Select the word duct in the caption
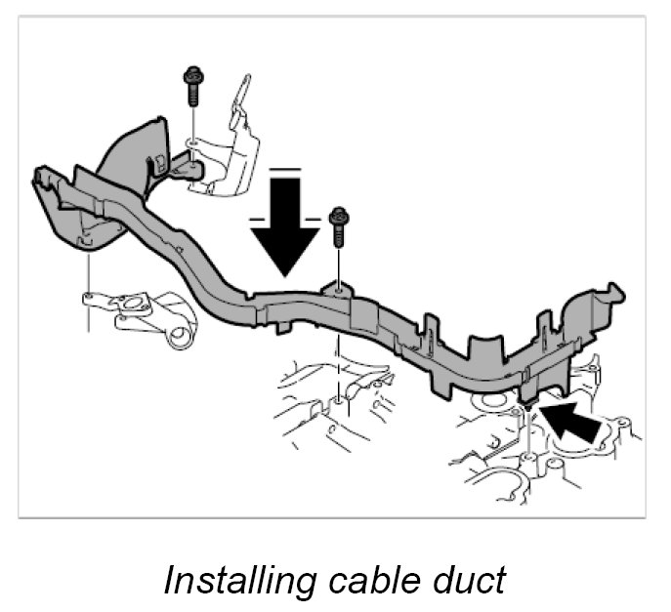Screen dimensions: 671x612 pyautogui.click(x=464, y=580)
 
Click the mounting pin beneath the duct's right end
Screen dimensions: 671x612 pyautogui.click(x=526, y=401)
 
